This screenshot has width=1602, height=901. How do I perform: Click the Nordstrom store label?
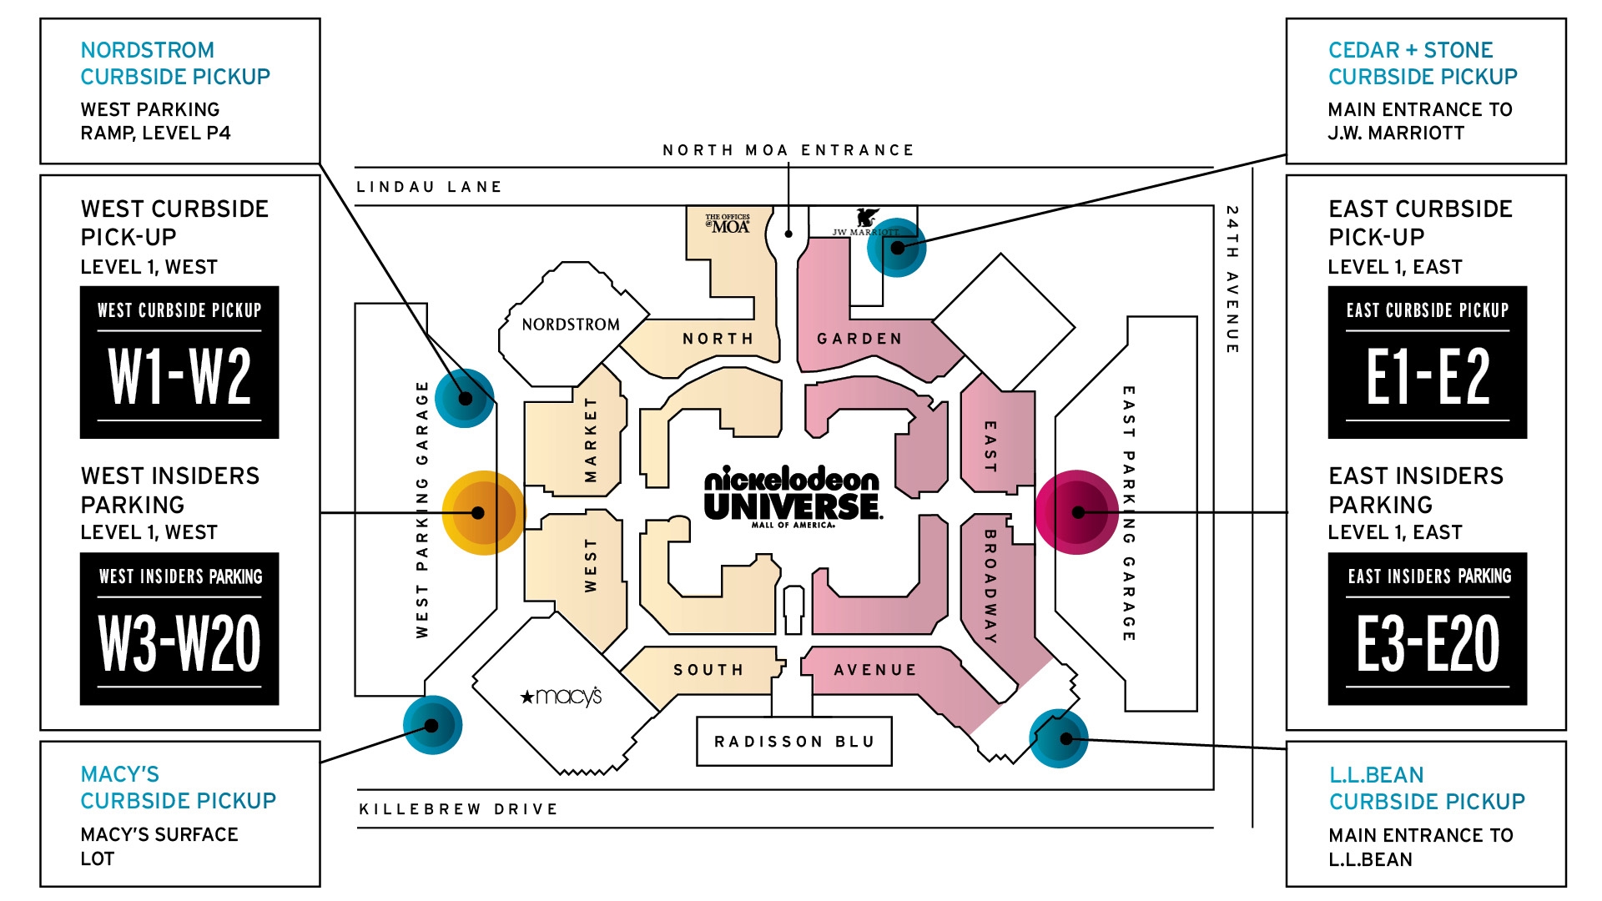pos(571,325)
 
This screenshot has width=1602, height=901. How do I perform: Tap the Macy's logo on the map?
pos(561,696)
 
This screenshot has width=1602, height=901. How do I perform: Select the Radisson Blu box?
pos(793,741)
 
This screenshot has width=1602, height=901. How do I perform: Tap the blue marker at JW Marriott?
pos(897,248)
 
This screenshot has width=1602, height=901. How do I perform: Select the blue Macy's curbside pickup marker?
pos(432,725)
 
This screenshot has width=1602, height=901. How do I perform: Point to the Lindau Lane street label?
pos(429,187)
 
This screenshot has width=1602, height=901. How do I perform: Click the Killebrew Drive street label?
pos(458,809)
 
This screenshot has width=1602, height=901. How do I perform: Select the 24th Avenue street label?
pos(1232,279)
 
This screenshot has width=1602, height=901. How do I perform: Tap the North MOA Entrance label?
pos(788,150)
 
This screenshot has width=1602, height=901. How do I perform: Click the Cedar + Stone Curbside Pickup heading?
pos(1422,63)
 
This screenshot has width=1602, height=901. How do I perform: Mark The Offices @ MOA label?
pos(728,223)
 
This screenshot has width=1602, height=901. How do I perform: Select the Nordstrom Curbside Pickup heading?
pos(174,63)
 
